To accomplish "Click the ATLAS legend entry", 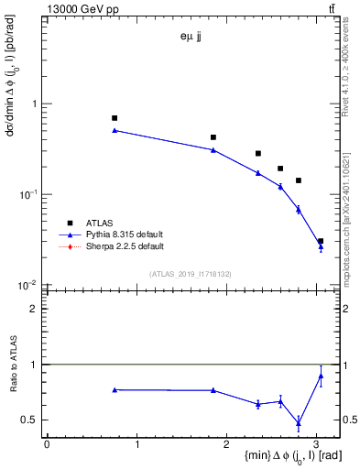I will point(99,222).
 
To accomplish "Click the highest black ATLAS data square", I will point(115,118).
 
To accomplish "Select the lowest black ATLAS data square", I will point(321,241).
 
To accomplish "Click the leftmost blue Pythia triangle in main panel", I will point(115,130).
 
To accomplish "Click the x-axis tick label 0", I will point(47,444).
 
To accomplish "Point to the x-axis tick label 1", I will point(136,444).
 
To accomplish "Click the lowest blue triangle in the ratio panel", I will point(299,422).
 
